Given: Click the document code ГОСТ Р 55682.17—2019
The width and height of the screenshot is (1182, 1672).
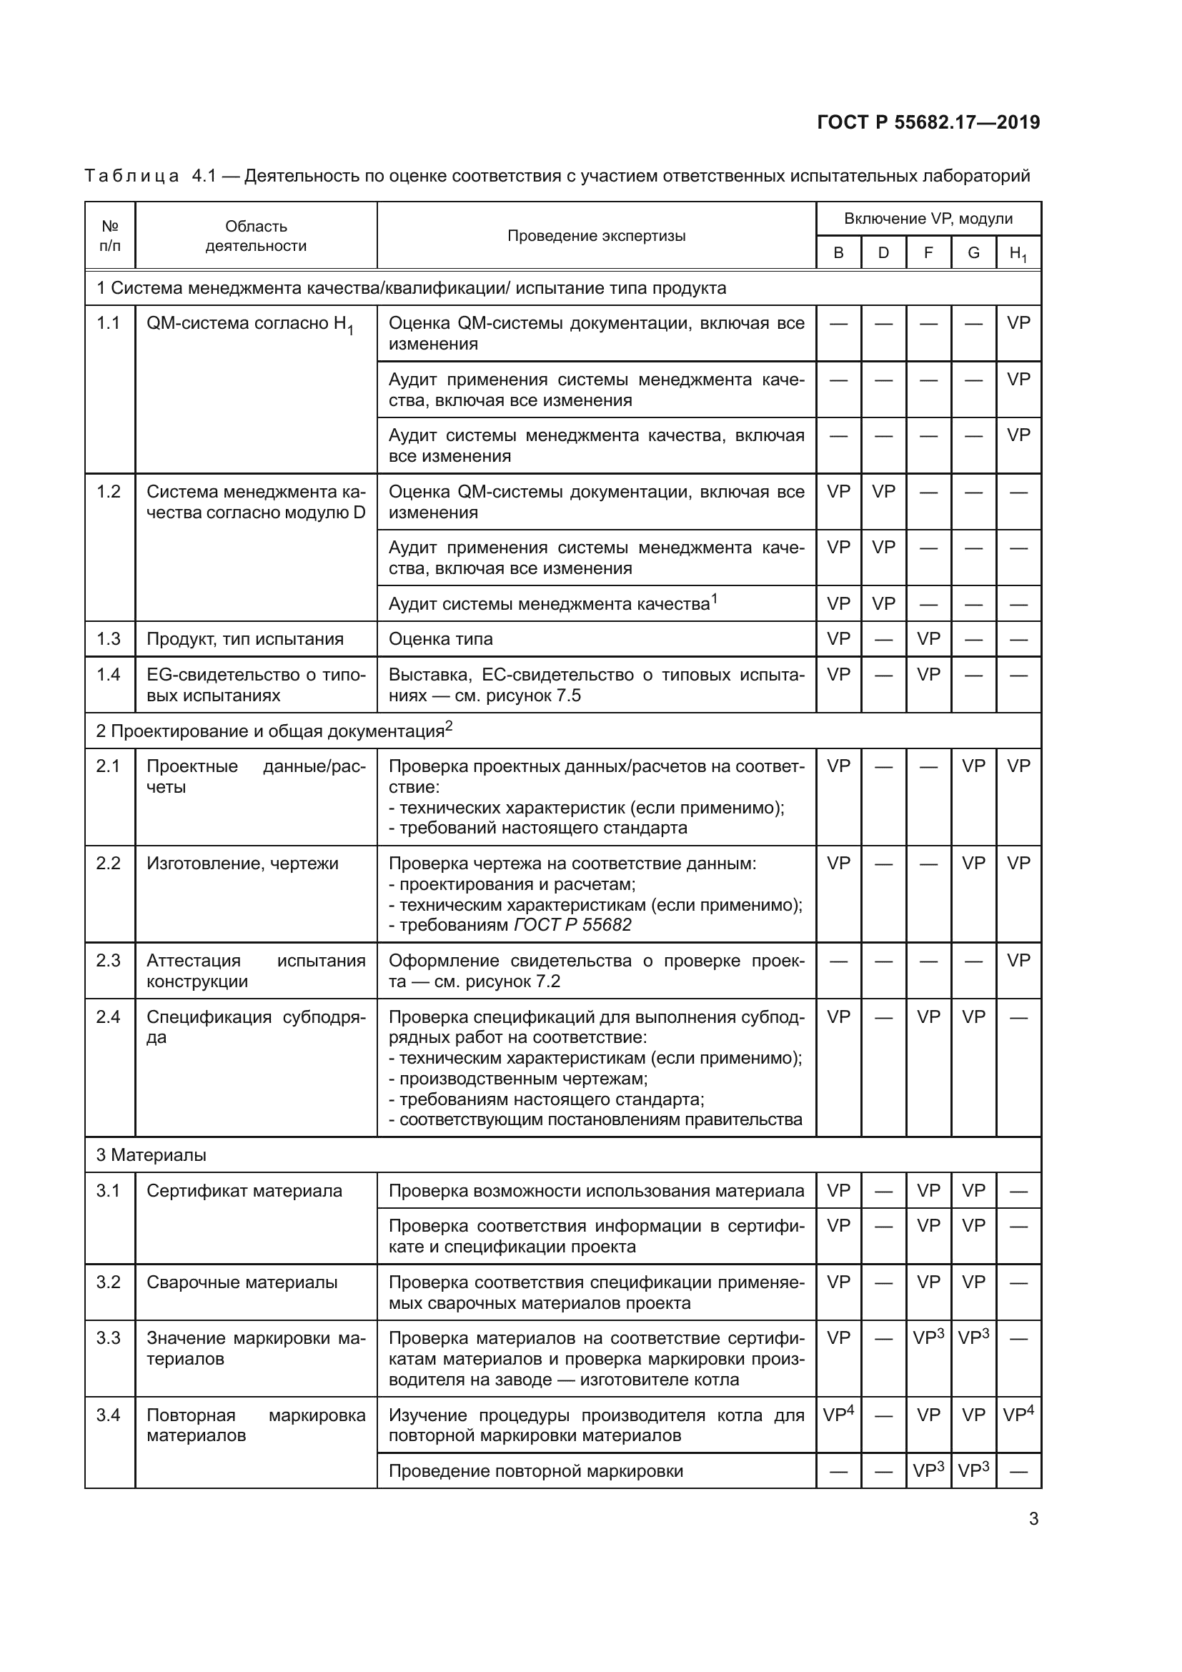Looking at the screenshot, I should pos(928,122).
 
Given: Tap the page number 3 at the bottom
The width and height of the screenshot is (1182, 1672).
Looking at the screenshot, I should pos(1033,1519).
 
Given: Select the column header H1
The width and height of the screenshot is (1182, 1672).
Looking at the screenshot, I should pos(1018,254).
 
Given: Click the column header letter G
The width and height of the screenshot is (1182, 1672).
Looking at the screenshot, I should pos(973,252).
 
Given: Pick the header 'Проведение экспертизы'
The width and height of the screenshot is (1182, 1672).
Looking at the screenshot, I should pos(596,236).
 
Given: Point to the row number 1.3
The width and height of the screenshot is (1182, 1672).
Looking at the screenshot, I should pos(109,638).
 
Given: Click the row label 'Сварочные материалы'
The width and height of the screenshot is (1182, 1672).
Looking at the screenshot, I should pos(242,1282).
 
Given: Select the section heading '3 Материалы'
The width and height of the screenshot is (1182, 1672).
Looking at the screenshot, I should pos(152,1155).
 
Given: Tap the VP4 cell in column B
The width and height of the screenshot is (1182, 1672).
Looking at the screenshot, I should pos(838,1415).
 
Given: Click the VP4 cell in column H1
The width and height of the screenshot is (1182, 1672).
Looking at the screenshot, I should pos(1018,1415).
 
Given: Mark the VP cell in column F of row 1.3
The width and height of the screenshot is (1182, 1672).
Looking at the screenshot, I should pos(928,638).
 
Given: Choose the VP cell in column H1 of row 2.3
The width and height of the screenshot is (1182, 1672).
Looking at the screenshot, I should pos(1018,961).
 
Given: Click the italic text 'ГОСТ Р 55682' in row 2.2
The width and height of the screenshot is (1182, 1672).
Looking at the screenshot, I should pos(573,925).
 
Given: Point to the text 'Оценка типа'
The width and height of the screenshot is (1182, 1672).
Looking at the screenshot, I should pos(440,638).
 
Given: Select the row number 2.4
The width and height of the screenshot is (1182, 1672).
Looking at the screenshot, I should pos(109,1016).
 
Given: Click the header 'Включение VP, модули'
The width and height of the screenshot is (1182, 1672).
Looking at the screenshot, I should pos(928,219).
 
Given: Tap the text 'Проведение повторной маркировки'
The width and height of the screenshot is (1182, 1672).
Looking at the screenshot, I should pos(536,1471).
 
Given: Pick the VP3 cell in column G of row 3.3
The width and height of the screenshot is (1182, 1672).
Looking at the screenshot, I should pos(973,1337).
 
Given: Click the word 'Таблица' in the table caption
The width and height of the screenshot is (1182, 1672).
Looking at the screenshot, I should pos(131,176).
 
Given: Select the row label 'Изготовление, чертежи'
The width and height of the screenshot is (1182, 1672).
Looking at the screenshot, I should pos(242,864).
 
